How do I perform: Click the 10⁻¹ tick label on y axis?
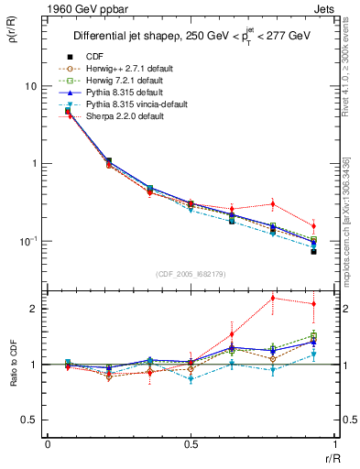pos(29,241)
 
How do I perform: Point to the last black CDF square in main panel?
pos(313,251)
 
